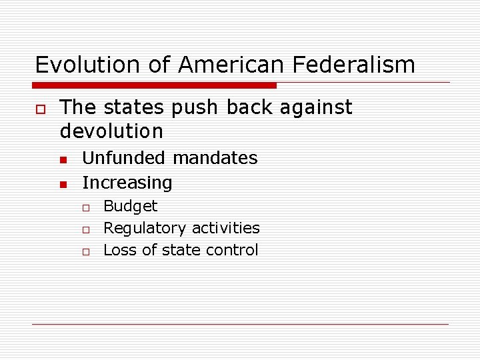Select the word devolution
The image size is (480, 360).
111,131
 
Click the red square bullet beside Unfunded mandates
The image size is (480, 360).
63,159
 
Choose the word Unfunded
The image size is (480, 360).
123,158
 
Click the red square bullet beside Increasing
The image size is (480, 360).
63,183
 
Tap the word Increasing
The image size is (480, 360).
127,183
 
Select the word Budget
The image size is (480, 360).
131,206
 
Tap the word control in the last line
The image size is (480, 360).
233,250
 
